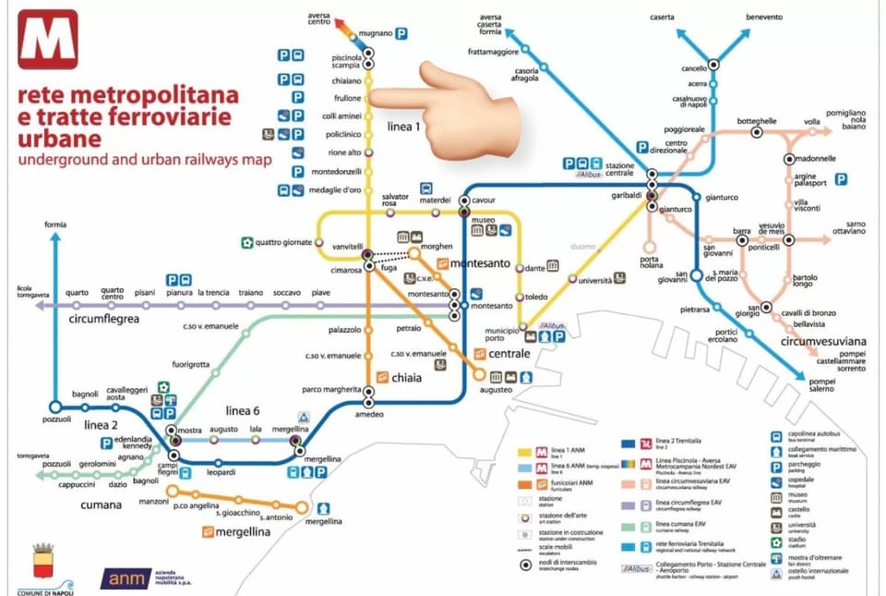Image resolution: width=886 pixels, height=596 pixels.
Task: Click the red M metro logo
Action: tap(47, 40)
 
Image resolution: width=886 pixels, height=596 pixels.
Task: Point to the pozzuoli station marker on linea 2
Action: tap(55, 407)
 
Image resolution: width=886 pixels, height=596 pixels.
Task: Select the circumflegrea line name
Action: tap(104, 319)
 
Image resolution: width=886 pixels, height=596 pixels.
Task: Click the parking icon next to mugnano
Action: tap(402, 33)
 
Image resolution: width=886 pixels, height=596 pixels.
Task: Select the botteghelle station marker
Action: tap(757, 132)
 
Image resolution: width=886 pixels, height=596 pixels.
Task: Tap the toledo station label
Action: tap(538, 298)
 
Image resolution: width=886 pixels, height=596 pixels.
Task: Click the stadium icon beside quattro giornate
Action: tap(246, 243)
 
